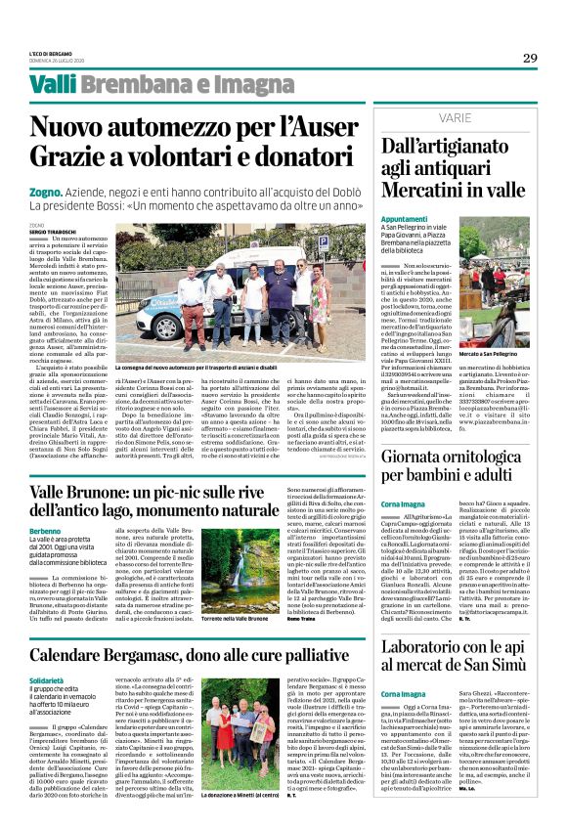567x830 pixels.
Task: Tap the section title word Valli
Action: [x=53, y=86]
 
